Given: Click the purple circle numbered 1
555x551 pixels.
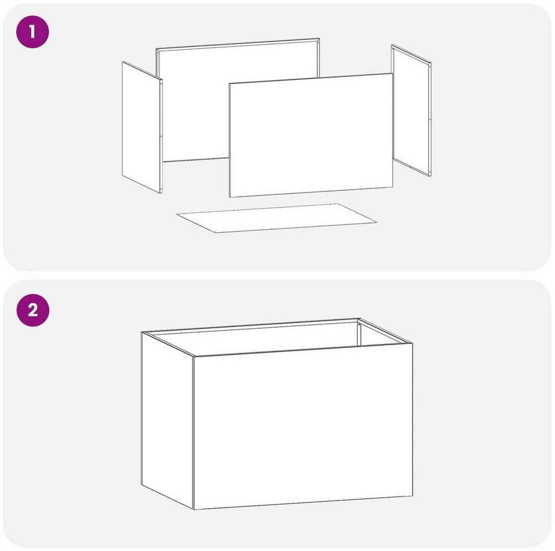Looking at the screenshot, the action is click(x=32, y=32).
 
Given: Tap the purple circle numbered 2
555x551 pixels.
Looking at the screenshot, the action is click(x=33, y=310).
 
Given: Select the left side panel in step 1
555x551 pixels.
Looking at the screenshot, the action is click(x=142, y=128).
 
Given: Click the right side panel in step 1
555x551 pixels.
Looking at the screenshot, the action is click(x=411, y=110).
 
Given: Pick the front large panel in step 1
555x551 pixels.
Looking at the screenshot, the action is click(x=311, y=135).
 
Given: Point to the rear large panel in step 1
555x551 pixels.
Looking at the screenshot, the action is click(x=238, y=100).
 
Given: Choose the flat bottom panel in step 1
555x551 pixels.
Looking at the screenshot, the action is click(x=277, y=218).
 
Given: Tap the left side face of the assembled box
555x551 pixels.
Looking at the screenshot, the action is click(x=168, y=420).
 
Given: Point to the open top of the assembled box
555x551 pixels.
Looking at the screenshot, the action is click(x=277, y=337).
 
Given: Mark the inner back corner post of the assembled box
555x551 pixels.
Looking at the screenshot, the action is click(x=358, y=333).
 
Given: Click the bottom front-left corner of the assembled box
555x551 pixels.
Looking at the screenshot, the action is click(x=194, y=510).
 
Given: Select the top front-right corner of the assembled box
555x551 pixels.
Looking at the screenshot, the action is click(x=412, y=343).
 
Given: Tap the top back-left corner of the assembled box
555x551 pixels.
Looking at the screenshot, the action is click(x=142, y=332).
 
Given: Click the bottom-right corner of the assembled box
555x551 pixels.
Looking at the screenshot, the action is click(x=412, y=496).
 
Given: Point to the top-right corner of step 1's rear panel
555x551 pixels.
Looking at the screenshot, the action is click(x=320, y=39).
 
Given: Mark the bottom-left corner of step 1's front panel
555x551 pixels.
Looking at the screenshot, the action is click(x=230, y=197).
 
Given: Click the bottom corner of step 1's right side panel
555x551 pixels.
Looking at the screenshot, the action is click(x=431, y=176).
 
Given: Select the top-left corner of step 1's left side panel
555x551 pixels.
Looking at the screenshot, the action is click(x=122, y=62).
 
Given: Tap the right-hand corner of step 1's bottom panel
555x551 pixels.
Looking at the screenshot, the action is click(x=377, y=222).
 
